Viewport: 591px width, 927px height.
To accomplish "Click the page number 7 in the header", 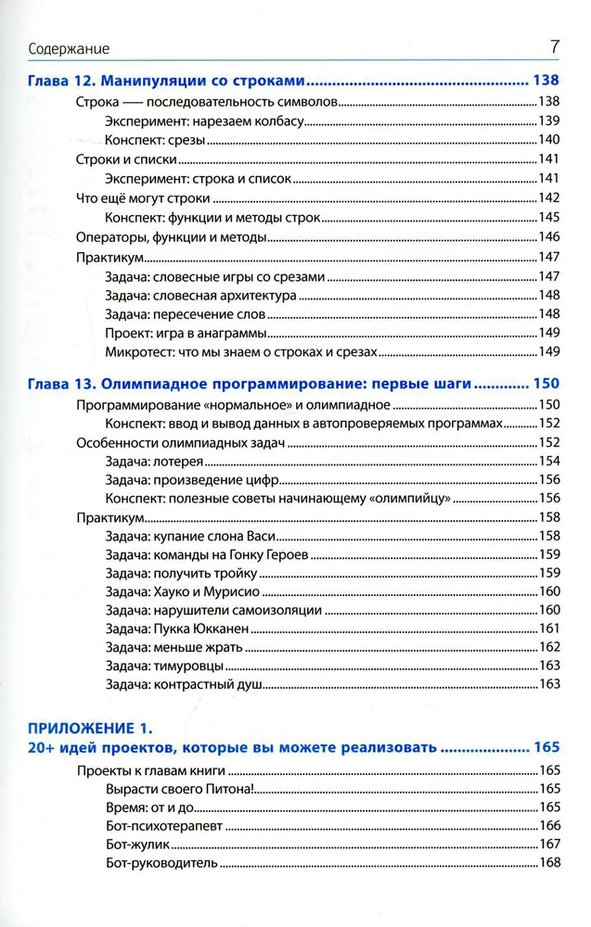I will (554, 45).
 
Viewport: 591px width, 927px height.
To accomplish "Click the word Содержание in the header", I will (70, 48).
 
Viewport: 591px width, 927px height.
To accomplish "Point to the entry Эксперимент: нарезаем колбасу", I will (203, 121).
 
